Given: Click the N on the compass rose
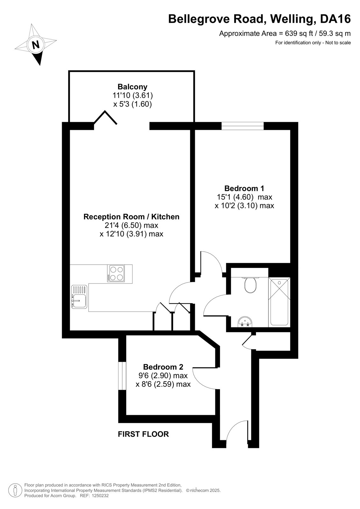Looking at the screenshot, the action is (x=35, y=45).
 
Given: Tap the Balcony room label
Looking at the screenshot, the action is (x=132, y=87).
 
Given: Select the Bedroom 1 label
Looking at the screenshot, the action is (x=244, y=188).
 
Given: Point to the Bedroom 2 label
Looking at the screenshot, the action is (x=163, y=366).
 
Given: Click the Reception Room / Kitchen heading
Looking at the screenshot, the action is (x=131, y=217).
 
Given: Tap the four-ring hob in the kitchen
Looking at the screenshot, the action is (x=116, y=273).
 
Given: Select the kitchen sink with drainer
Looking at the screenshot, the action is (x=79, y=297).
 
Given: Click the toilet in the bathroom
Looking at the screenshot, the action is (x=250, y=285).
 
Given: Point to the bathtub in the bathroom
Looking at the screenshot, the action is (x=279, y=302).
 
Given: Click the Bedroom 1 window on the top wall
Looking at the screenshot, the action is (x=243, y=126).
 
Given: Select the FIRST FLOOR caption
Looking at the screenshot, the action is (x=143, y=434).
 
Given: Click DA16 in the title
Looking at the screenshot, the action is (x=335, y=19).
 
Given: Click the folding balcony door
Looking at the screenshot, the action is (x=105, y=118).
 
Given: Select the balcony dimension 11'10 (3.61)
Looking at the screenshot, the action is (x=133, y=95).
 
